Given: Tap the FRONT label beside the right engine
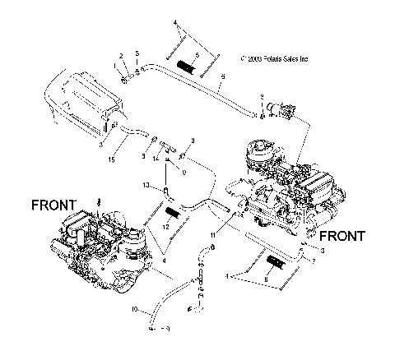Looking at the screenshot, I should pyautogui.click(x=339, y=235).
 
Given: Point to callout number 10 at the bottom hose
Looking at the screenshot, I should pyautogui.click(x=134, y=311).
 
